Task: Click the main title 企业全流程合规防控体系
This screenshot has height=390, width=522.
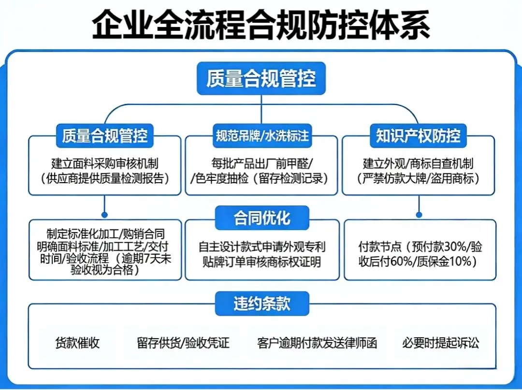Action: coord(261,25)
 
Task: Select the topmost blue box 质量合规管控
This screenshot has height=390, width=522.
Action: coord(261,78)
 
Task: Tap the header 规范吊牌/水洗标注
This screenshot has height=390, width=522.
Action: coord(261,136)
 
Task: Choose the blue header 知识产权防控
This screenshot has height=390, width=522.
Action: coord(418,136)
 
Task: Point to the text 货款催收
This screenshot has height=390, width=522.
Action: coord(77,344)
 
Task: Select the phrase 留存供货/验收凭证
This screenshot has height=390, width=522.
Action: coord(183,344)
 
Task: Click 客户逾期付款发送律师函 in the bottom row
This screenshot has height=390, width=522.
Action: coord(317,344)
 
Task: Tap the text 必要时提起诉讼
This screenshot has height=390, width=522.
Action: coord(440,344)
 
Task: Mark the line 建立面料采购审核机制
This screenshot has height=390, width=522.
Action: coord(105,163)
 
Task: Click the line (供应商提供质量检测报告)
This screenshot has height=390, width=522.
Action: coord(105,178)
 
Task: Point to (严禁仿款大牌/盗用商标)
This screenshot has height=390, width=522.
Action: coord(419,178)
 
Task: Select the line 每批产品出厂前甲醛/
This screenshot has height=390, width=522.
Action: coord(261,163)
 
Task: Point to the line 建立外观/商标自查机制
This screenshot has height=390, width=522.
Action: coord(419,163)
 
